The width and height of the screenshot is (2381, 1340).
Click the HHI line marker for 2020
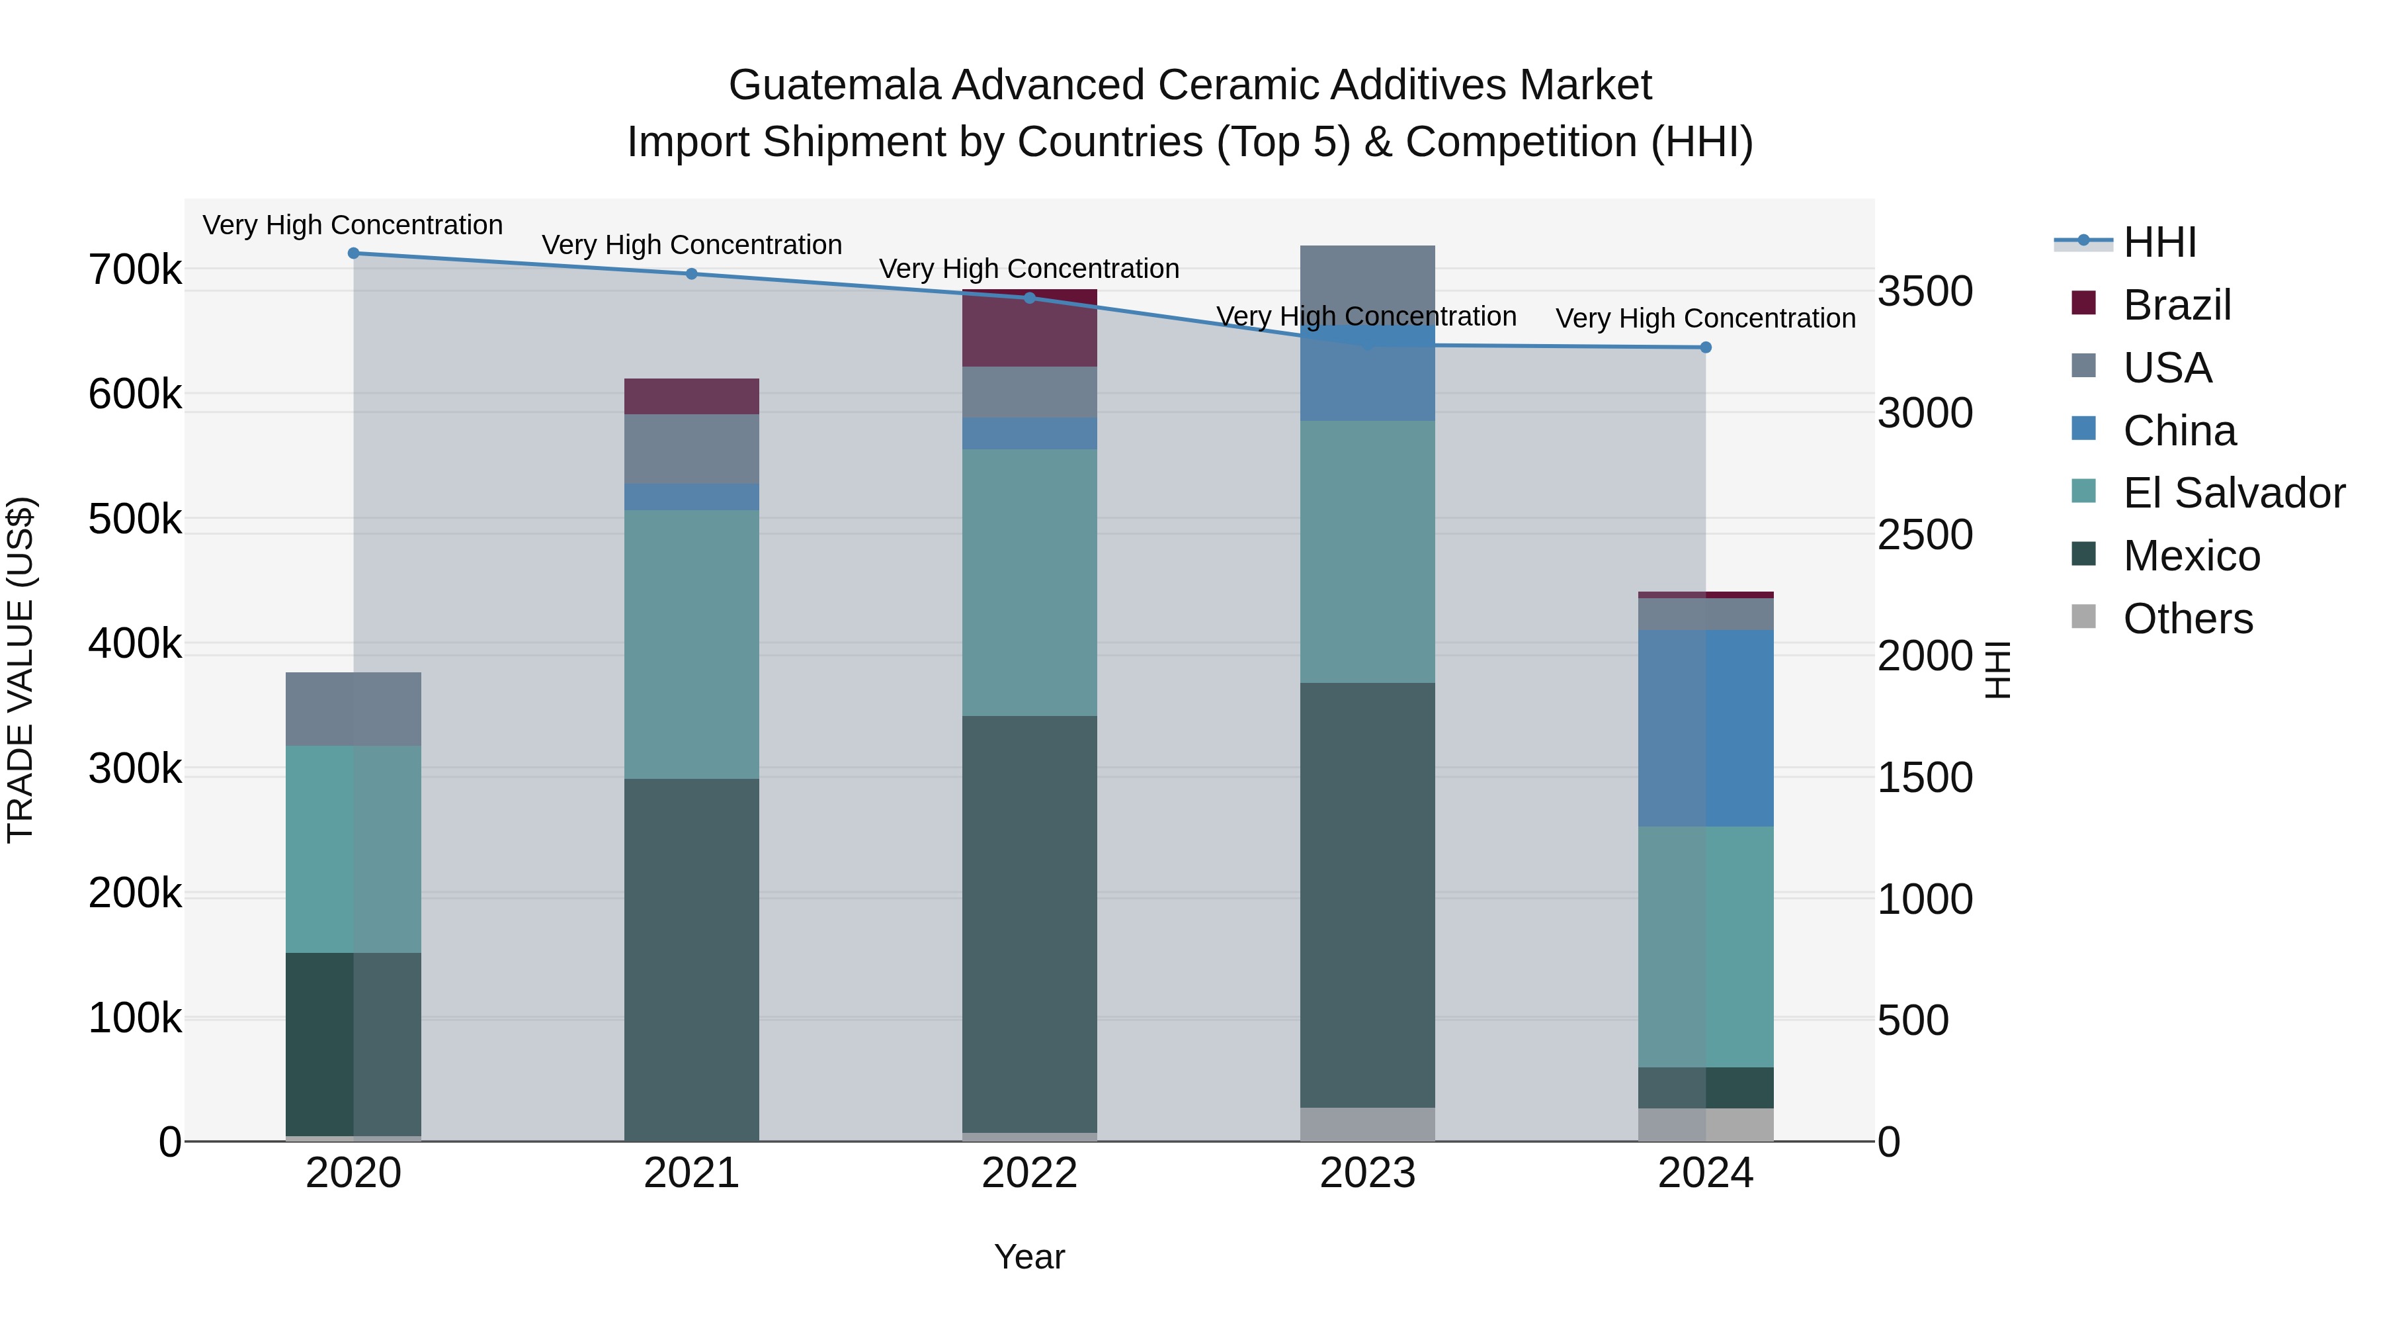pos(353,253)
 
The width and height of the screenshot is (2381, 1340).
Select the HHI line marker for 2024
pos(1705,347)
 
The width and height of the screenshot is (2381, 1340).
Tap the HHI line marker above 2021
pos(691,274)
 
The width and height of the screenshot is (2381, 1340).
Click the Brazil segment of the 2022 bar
pos(1030,330)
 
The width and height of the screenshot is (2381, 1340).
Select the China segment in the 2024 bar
pos(1705,728)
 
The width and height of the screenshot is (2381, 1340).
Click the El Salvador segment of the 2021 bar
pos(691,644)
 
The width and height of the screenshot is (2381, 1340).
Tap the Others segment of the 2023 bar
pos(1367,1124)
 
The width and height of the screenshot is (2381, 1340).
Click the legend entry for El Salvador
pos(2233,493)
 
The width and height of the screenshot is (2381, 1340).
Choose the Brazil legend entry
pos(2177,305)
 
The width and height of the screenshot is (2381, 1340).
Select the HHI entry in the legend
pos(2159,242)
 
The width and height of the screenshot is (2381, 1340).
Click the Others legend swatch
pos(2083,617)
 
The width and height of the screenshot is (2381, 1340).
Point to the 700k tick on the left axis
pos(135,270)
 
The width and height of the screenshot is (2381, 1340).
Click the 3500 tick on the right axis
pos(1925,291)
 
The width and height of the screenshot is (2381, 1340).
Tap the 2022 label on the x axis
pos(1030,1173)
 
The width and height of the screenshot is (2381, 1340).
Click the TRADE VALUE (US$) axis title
pos(21,670)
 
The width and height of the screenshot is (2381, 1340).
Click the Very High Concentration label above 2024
pos(1705,318)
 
